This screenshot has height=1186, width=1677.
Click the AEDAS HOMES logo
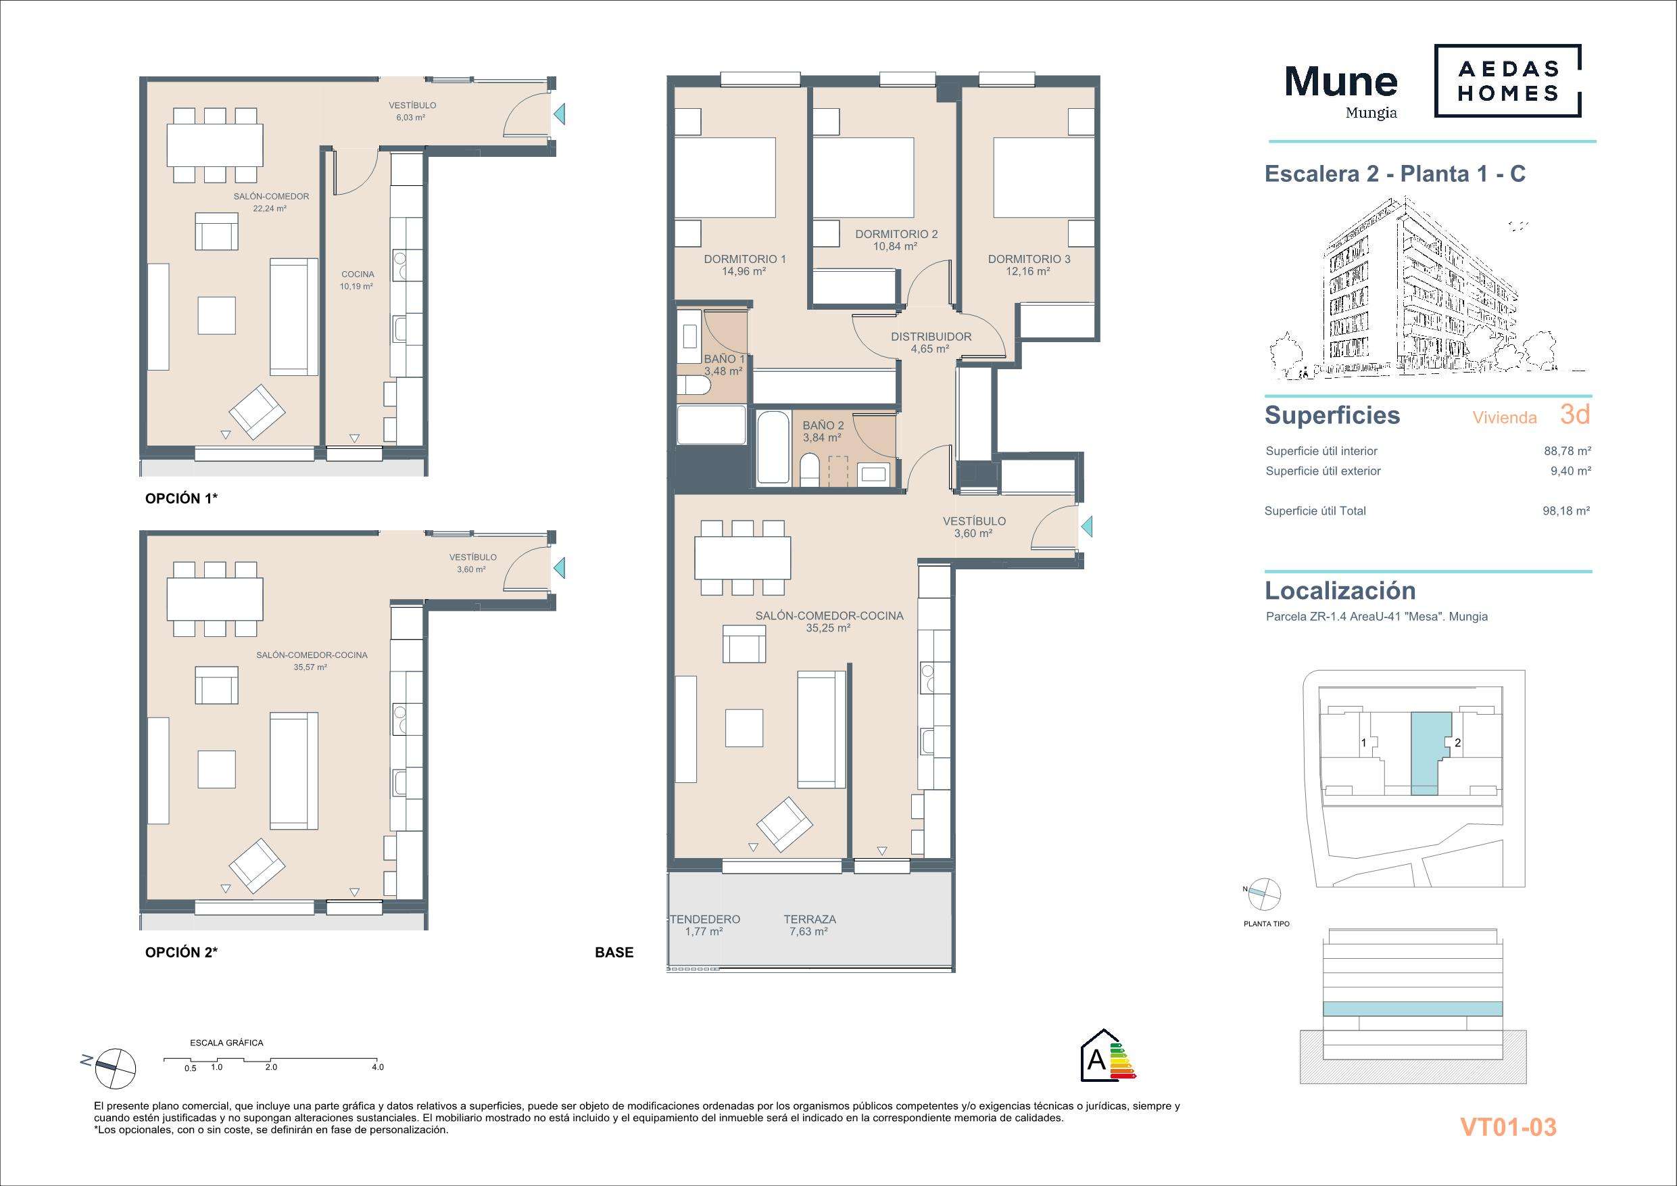tap(1507, 80)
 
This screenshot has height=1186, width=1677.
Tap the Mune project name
tap(1341, 81)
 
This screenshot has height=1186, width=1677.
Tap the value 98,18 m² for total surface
tap(1566, 511)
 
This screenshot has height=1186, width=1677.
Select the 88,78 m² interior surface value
tap(1567, 451)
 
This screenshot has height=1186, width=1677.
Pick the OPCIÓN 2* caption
tap(181, 952)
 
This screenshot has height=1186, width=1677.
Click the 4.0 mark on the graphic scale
tap(378, 1067)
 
